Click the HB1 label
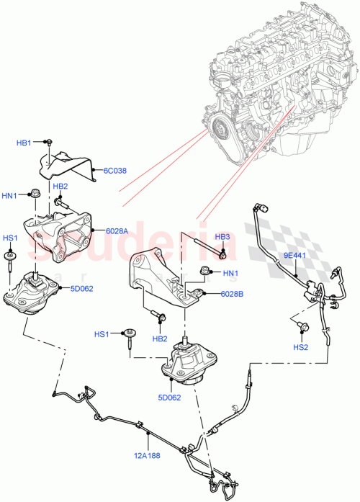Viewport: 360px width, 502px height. pos(24,143)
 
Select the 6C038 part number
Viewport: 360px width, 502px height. pos(114,171)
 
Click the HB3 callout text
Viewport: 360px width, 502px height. pos(223,237)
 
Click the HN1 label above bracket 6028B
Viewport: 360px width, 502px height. pos(230,272)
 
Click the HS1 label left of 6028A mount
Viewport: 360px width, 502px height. pos(11,238)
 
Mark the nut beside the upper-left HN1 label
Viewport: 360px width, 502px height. pos(35,193)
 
